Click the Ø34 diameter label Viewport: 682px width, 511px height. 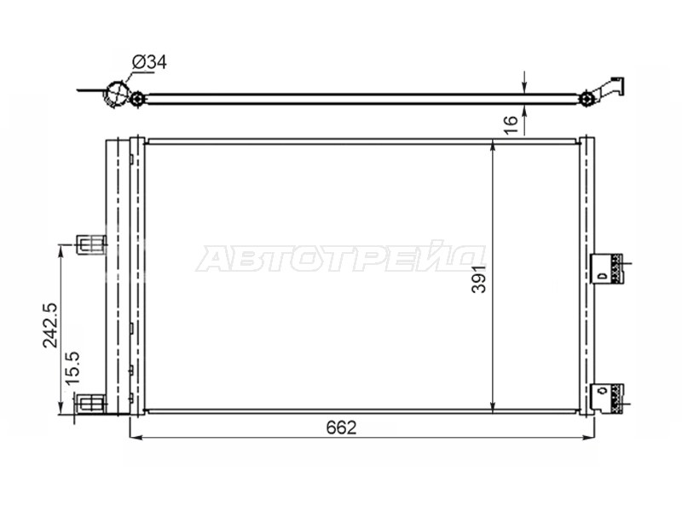[x=149, y=62]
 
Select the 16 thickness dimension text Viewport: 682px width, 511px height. [x=511, y=124]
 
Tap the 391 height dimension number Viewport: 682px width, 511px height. [x=478, y=278]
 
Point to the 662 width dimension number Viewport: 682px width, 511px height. [x=342, y=428]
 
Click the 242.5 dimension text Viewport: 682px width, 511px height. [x=50, y=324]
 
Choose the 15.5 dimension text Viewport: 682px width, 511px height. [x=73, y=368]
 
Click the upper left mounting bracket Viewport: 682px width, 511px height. [x=91, y=244]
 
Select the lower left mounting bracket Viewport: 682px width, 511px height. [x=91, y=403]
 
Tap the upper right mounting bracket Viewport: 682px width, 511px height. [x=607, y=268]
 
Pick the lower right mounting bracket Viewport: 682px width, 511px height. [x=607, y=399]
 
